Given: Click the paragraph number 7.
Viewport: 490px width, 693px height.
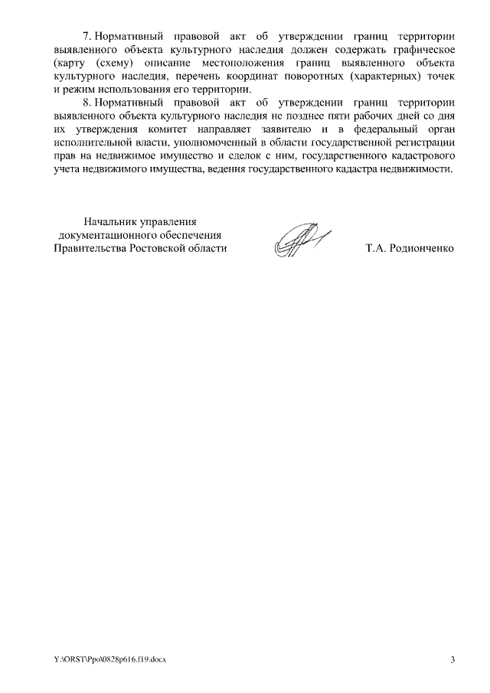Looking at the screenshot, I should (86, 36).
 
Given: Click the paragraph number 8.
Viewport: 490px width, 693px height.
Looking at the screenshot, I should (86, 102).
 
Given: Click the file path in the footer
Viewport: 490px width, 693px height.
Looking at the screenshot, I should (109, 659).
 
